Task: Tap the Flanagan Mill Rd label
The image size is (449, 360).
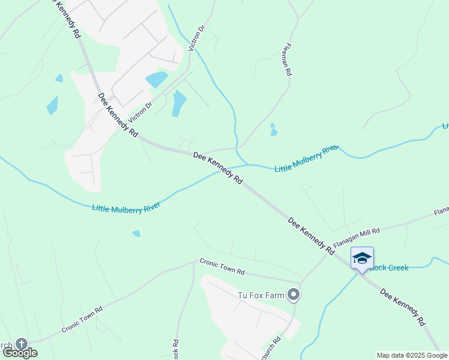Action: (x=357, y=237)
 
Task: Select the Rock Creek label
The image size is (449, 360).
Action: (x=389, y=267)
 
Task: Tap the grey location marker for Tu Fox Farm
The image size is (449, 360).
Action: (x=294, y=294)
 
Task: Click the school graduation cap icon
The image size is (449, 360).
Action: (x=362, y=258)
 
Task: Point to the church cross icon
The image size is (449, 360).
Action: (x=22, y=344)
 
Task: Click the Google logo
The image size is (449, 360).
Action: (x=20, y=353)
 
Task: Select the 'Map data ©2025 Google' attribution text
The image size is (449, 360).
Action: (x=412, y=355)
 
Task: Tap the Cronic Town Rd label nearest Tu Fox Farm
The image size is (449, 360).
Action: (x=222, y=267)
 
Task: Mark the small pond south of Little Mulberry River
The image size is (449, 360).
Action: (x=136, y=233)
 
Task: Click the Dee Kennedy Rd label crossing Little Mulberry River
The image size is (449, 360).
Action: (x=218, y=167)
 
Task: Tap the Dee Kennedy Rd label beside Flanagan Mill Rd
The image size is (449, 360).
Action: (x=311, y=236)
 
